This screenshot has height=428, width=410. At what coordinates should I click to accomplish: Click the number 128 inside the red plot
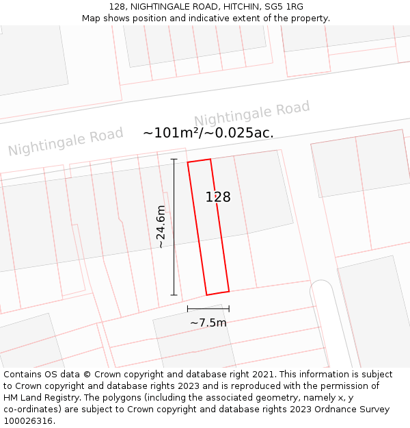coord(218,197)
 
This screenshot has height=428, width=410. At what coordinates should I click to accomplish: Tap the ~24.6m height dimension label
coord(161,227)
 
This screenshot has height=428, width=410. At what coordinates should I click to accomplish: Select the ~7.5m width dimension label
coord(208,323)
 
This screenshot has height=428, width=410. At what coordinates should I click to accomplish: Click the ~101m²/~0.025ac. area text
coord(208,133)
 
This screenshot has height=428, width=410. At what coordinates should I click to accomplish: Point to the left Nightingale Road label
coord(66,140)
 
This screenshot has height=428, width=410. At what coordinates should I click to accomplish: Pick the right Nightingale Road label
coord(251,114)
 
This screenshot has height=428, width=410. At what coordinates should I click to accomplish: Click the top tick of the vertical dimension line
coord(174,160)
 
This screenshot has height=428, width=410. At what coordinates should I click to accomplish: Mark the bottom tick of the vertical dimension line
coord(174,295)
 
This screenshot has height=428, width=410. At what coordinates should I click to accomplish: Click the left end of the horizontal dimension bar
coord(188,309)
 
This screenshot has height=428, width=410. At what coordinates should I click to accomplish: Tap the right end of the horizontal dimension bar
coord(229,309)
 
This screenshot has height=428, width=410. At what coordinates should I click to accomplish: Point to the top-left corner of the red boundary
coord(188,162)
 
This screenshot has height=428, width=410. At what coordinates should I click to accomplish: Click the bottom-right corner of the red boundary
coord(229,291)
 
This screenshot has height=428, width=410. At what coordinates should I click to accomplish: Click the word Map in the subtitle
coord(92,18)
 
